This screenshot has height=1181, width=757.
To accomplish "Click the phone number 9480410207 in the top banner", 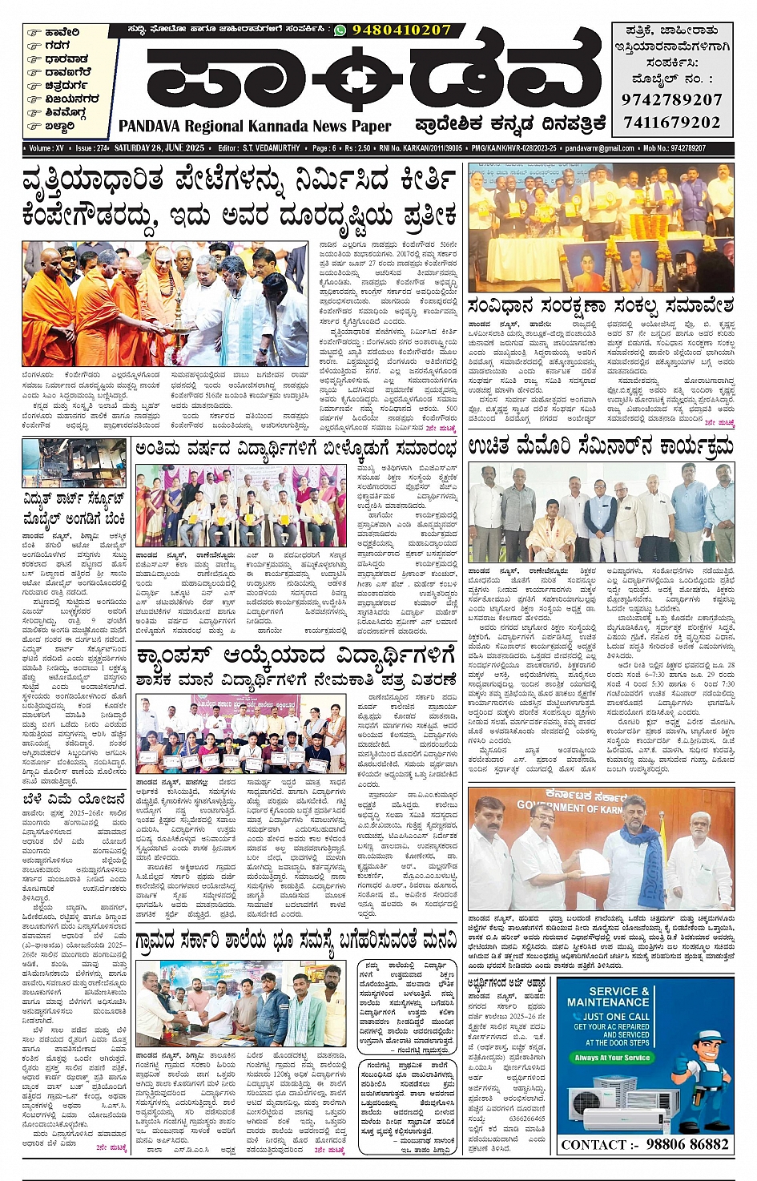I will [401, 30].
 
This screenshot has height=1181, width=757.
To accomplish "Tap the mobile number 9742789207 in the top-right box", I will [671, 100].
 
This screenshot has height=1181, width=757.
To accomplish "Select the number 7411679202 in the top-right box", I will [671, 123].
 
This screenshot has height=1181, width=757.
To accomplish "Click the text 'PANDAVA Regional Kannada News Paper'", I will [255, 127].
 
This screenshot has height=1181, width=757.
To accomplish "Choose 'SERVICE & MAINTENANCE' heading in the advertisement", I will [608, 996].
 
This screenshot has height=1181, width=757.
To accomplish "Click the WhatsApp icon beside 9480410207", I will [340, 30].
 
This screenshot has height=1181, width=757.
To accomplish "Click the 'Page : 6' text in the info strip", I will [324, 148].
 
